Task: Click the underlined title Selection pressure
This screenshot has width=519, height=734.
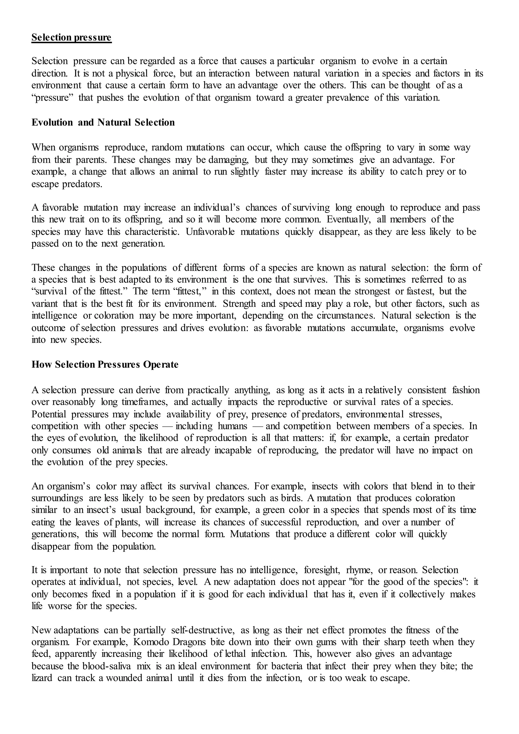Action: pos(71,38)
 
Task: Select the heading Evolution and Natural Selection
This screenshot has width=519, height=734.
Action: pos(103,122)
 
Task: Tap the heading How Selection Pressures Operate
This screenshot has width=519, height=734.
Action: pos(105,364)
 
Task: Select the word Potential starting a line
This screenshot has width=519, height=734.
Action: pos(49,414)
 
